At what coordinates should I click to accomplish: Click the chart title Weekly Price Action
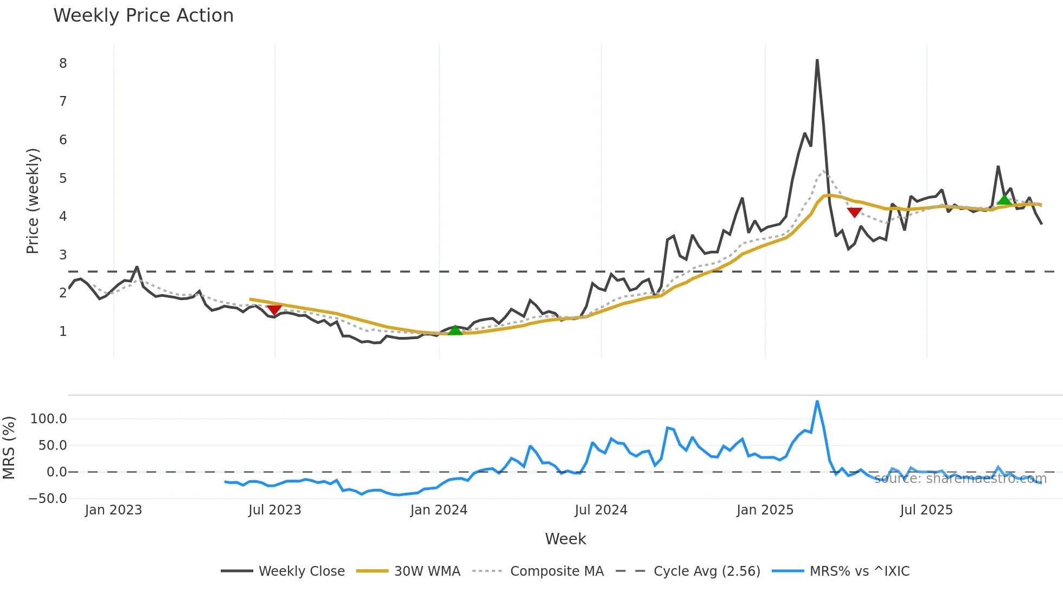tap(143, 16)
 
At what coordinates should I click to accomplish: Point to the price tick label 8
tap(63, 63)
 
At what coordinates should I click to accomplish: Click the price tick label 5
tap(63, 179)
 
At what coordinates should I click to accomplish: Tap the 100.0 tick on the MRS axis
tap(49, 419)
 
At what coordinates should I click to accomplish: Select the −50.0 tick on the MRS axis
tap(48, 499)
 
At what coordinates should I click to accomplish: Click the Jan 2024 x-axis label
tap(439, 510)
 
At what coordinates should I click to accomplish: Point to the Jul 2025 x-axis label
tap(926, 510)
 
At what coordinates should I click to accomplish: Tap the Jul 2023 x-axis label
tap(275, 510)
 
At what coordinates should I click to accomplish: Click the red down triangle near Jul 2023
tap(274, 309)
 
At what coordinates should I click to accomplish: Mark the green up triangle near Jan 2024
tap(455, 330)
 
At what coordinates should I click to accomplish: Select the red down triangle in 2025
tap(854, 212)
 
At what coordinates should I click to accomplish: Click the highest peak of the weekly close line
tap(817, 60)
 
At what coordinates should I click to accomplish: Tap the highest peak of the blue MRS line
tap(817, 402)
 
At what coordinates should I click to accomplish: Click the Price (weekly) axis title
tap(33, 201)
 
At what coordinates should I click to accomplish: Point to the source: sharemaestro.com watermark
tap(960, 479)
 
